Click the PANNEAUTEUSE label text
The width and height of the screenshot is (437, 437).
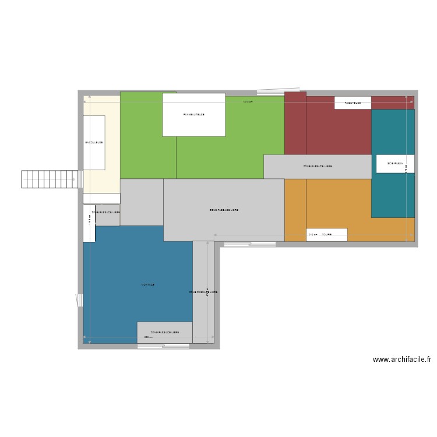(193, 115)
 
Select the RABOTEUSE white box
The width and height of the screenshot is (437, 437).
(353, 103)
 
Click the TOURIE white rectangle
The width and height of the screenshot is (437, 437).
(326, 235)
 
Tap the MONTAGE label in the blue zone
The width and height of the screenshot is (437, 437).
(147, 285)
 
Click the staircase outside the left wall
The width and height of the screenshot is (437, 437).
(50, 179)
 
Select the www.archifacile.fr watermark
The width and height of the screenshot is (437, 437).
(402, 360)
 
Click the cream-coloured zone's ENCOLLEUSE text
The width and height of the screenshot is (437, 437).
(94, 143)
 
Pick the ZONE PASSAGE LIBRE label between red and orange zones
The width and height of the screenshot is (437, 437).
(318, 167)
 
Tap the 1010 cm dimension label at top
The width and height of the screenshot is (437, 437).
(248, 102)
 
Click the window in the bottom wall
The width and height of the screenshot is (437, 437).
(163, 346)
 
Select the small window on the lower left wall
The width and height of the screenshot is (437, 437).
(80, 300)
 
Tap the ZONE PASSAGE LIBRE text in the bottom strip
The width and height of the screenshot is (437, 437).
(164, 333)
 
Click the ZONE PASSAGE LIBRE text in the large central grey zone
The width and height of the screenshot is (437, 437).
(224, 210)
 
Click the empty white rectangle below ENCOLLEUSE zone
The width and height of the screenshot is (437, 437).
(101, 198)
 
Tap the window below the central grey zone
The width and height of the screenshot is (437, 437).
(249, 244)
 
